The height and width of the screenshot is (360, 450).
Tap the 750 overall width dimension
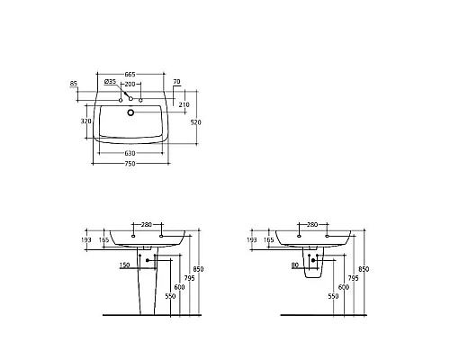131,163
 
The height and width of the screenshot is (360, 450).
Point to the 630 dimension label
131,153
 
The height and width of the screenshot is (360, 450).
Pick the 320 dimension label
85,120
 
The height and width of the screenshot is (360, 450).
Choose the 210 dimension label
184,104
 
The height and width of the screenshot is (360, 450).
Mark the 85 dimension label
73,85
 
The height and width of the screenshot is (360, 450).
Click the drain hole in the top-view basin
131,113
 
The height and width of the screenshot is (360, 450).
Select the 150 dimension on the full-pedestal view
123,265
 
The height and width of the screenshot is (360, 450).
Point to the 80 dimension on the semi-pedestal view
296,265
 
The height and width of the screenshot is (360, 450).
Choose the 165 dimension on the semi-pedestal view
269,240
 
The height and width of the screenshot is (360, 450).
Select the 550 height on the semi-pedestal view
332,296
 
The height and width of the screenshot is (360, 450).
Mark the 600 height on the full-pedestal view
178,287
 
